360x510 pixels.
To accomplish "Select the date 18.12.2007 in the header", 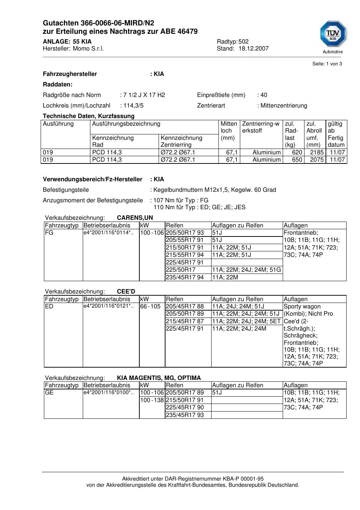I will pos(253,48).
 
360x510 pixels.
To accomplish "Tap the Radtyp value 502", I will pos(244,41).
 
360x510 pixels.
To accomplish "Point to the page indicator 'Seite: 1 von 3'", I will pos(327,64).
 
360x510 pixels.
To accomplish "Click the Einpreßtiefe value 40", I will pos(264,95).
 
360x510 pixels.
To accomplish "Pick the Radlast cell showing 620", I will pos(297,153).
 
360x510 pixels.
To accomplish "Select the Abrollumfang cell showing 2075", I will pos(316,159).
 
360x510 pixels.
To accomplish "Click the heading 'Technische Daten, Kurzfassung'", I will pos(89,116).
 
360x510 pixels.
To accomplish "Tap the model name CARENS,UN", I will pos(135,218).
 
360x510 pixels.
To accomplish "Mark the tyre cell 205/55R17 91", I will pos(185,240).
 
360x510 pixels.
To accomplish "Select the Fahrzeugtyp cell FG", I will pos(49,233).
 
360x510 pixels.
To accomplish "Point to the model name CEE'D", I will pos(126,292).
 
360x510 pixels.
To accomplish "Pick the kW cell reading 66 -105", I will pos(150,307).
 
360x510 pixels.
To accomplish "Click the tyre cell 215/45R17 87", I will pos(185,321).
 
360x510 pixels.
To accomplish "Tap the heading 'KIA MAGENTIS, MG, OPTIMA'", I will pos(159,378).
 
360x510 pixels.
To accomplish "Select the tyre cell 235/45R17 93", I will pos(185,415).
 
